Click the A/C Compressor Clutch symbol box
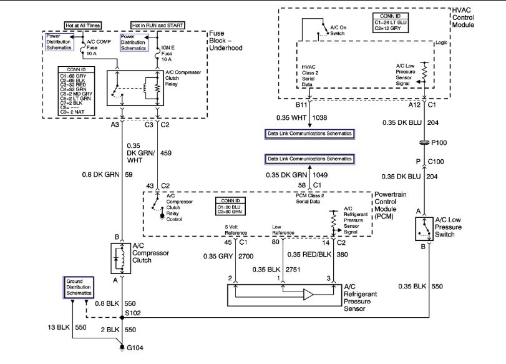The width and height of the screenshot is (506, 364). (x=119, y=259)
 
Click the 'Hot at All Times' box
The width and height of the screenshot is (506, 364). (x=82, y=26)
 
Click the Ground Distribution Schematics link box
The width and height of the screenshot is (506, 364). (x=79, y=288)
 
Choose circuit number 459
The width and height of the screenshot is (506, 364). (x=166, y=152)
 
